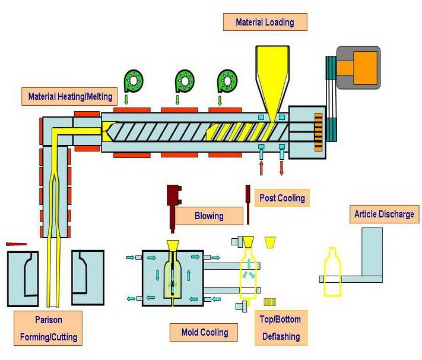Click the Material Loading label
click(265, 23)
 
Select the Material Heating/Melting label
click(69, 96)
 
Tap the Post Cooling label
click(282, 198)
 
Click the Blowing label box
click(209, 216)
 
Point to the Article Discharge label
click(384, 214)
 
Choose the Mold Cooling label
click(205, 332)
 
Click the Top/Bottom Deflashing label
click(280, 328)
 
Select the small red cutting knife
click(16, 244)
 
